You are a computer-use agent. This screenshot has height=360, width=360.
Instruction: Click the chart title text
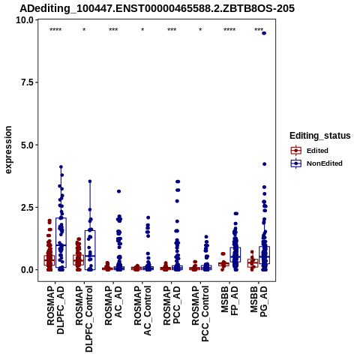(157, 8)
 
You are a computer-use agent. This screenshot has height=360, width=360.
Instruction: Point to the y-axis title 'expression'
(8, 150)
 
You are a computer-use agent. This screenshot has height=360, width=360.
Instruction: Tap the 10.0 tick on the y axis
(25, 20)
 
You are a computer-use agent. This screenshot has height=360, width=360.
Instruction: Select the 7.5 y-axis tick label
(27, 82)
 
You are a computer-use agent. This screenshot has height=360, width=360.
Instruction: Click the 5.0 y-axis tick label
(27, 145)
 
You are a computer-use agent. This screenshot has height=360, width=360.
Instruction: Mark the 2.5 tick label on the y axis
(27, 207)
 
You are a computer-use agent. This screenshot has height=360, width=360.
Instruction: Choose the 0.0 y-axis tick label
(27, 270)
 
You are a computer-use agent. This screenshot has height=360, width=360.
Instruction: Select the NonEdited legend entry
(316, 163)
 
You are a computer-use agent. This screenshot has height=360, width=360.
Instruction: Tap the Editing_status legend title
(320, 136)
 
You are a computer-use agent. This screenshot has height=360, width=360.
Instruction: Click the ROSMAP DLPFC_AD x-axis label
(55, 310)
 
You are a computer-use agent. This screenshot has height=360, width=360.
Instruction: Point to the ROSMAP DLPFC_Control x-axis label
(84, 319)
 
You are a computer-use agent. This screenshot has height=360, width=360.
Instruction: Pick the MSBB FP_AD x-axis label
(229, 301)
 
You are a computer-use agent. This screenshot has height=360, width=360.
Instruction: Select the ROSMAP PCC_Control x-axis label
(200, 314)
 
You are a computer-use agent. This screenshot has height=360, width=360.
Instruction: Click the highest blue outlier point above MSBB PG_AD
(264, 33)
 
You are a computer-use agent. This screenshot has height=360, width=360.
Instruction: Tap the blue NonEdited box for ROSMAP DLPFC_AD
(61, 242)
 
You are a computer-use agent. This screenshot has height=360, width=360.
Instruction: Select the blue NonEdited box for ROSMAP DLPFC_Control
(90, 250)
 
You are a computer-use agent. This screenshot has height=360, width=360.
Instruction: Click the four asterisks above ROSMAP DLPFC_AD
(55, 30)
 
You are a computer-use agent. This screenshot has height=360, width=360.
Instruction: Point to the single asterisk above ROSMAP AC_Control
(142, 30)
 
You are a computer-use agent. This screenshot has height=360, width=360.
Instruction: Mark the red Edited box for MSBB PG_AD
(253, 263)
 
